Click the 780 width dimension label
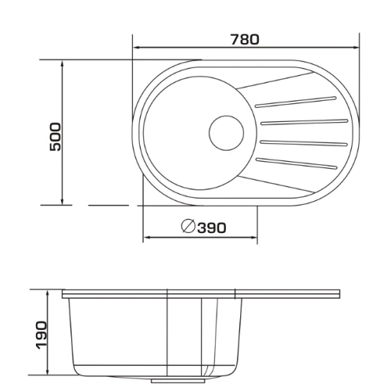point(245,39)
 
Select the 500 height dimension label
point(55,137)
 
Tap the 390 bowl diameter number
point(212,228)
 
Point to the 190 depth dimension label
point(41,335)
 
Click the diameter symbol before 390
point(188,226)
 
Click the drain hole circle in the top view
point(226,133)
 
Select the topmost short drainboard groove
point(296,102)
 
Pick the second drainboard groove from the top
point(304,122)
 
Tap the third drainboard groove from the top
point(303,143)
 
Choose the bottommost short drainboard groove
point(296,163)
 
